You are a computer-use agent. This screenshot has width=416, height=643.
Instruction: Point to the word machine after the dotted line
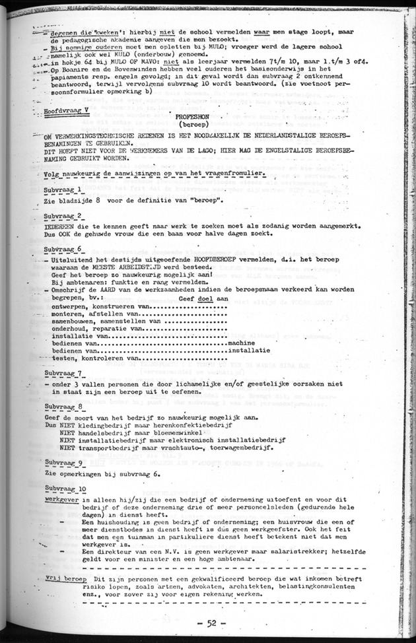[243, 343]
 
